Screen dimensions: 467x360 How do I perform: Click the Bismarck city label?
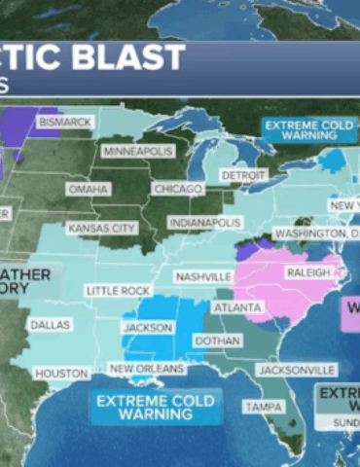pyautogui.click(x=65, y=122)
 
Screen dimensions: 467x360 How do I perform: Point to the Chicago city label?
pyautogui.click(x=177, y=188)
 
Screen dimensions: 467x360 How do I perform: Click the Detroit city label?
pyautogui.click(x=242, y=174)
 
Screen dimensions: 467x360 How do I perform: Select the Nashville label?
pyautogui.click(x=203, y=276)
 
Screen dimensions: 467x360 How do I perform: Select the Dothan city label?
pyautogui.click(x=216, y=341)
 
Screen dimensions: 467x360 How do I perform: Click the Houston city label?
pyautogui.click(x=61, y=373)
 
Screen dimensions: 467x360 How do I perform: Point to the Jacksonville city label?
pyautogui.click(x=297, y=370)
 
